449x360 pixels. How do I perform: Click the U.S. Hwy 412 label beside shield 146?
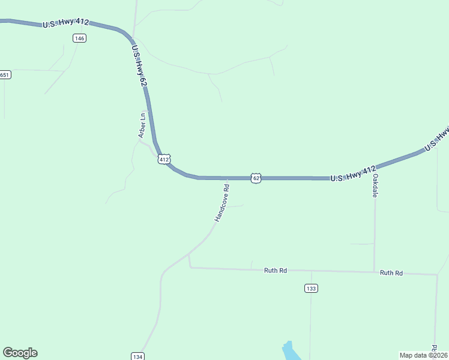(65, 23)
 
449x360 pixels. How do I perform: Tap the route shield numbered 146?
(79, 38)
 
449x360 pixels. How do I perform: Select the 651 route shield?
(5, 75)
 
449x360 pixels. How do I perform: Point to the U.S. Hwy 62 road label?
(138, 65)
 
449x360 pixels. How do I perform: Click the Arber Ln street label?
(142, 125)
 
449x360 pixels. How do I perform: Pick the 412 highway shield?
(164, 159)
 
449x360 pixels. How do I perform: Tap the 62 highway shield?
(256, 178)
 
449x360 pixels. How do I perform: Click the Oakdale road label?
(375, 187)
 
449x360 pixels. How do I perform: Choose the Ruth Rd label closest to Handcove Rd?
(276, 271)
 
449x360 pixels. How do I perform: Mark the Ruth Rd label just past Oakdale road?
(391, 273)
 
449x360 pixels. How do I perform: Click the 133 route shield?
(311, 289)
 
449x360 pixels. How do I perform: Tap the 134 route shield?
(137, 356)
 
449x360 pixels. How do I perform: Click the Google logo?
(20, 353)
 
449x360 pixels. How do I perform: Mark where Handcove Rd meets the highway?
(228, 178)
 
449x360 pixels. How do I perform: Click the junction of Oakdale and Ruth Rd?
(375, 272)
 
